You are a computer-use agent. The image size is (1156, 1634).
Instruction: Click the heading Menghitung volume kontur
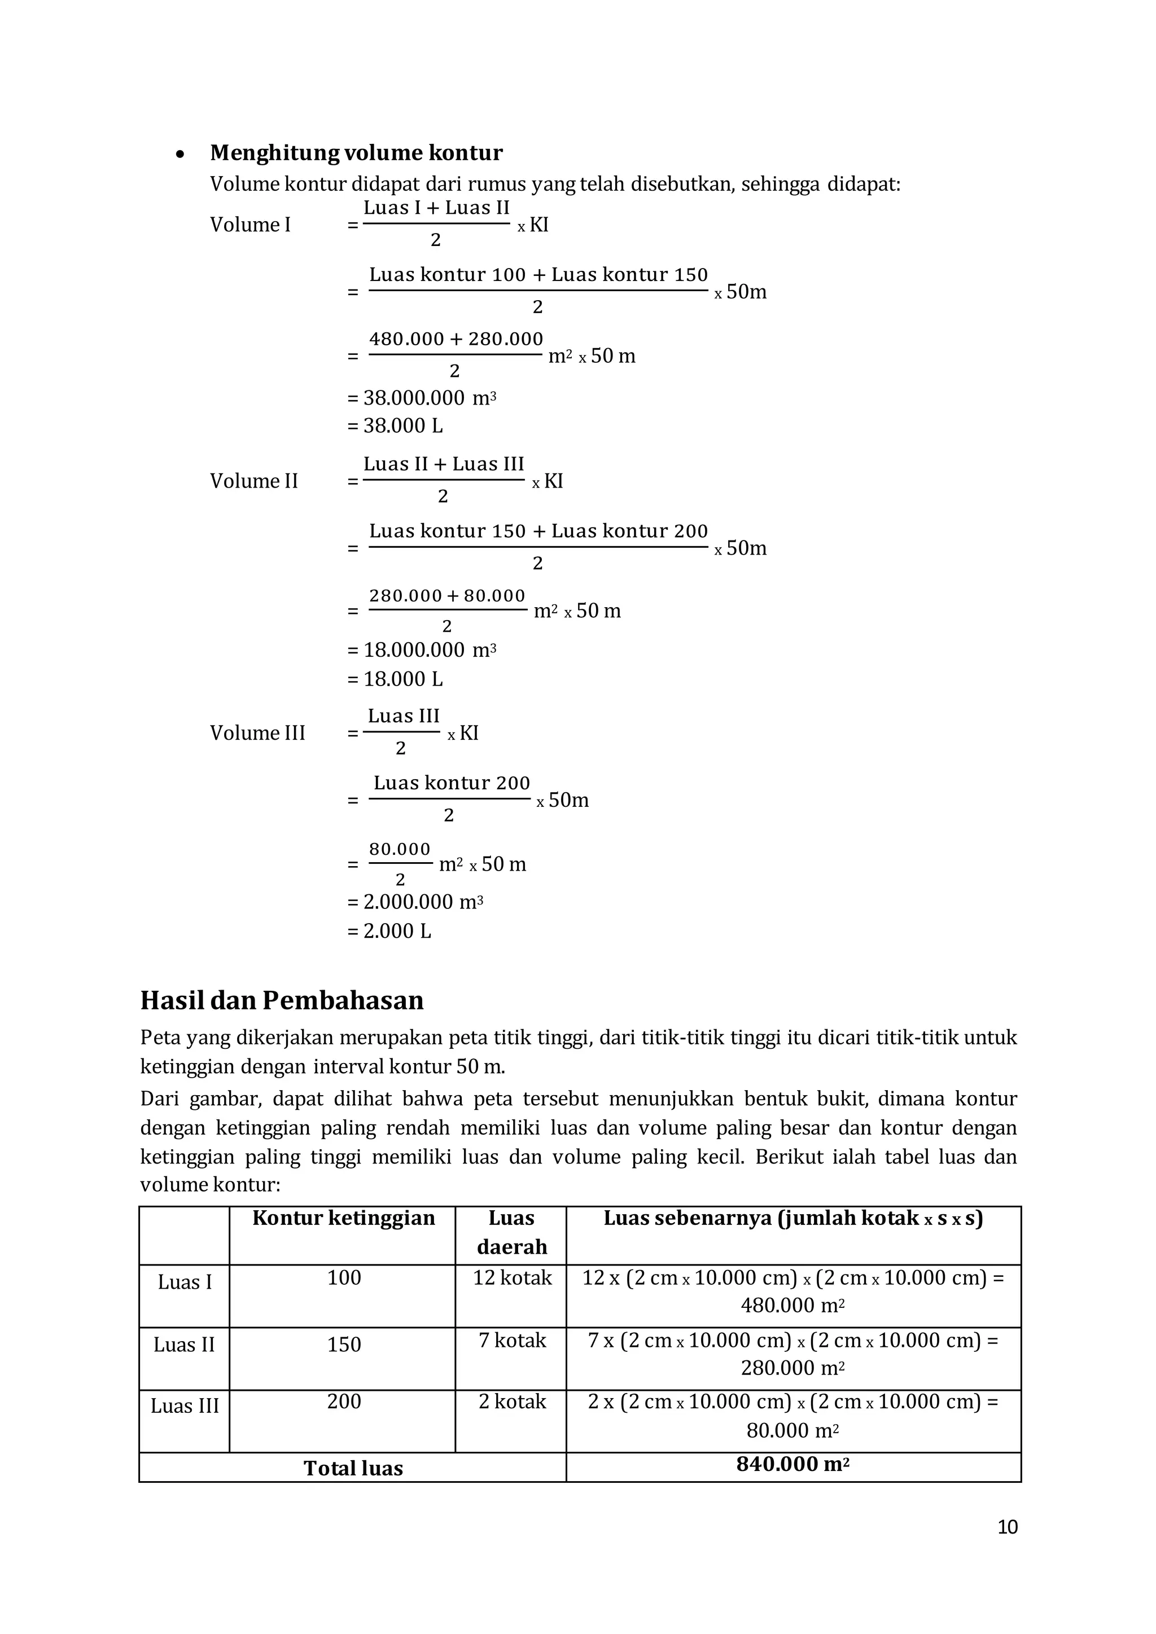[x=356, y=153]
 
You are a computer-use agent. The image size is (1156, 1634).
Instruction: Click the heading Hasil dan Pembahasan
[x=282, y=1000]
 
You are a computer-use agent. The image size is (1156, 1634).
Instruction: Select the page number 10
[x=1007, y=1527]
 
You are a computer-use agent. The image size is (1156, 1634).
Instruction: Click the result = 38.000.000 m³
[x=422, y=398]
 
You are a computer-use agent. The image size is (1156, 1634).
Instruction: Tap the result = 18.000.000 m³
[x=422, y=651]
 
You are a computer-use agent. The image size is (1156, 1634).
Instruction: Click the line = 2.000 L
[x=389, y=932]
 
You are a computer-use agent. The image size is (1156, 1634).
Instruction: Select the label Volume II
[x=253, y=482]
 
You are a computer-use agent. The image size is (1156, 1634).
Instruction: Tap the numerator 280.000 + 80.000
[x=447, y=596]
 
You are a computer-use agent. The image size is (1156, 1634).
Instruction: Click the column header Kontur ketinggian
[x=343, y=1218]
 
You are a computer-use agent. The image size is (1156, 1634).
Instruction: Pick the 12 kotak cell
[x=512, y=1278]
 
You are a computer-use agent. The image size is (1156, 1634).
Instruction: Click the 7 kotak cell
[x=512, y=1341]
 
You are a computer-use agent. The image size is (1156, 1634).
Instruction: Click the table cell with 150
[x=343, y=1345]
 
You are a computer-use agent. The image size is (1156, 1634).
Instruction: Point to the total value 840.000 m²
[x=793, y=1465]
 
